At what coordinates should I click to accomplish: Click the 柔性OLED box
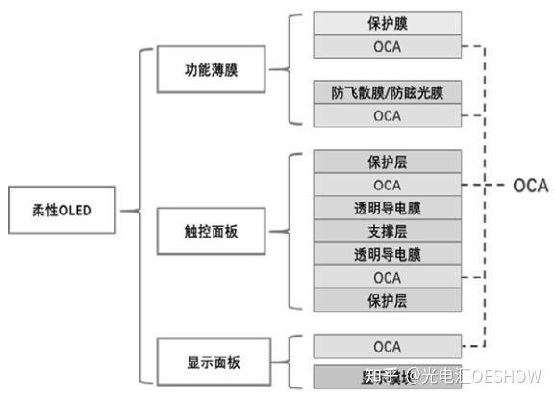point(54,210)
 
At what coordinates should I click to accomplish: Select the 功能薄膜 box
point(212,70)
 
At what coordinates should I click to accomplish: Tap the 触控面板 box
point(212,232)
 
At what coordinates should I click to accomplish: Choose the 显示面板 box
point(212,362)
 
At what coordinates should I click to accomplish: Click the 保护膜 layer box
point(387,23)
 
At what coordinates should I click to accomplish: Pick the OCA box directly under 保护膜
point(387,46)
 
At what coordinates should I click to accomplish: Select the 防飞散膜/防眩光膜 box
point(387,93)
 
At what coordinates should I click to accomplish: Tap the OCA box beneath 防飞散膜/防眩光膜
point(387,116)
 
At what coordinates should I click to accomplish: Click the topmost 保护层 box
point(387,162)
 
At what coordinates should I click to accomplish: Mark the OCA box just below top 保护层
point(387,185)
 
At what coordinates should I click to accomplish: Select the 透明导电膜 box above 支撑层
point(387,208)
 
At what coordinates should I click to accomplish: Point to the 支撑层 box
point(387,231)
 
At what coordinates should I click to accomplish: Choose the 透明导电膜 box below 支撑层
point(387,254)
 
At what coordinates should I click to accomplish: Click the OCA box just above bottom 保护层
point(387,277)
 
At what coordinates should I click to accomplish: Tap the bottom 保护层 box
point(387,300)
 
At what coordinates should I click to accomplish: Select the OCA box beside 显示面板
point(387,346)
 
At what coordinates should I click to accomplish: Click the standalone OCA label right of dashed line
point(529,186)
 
